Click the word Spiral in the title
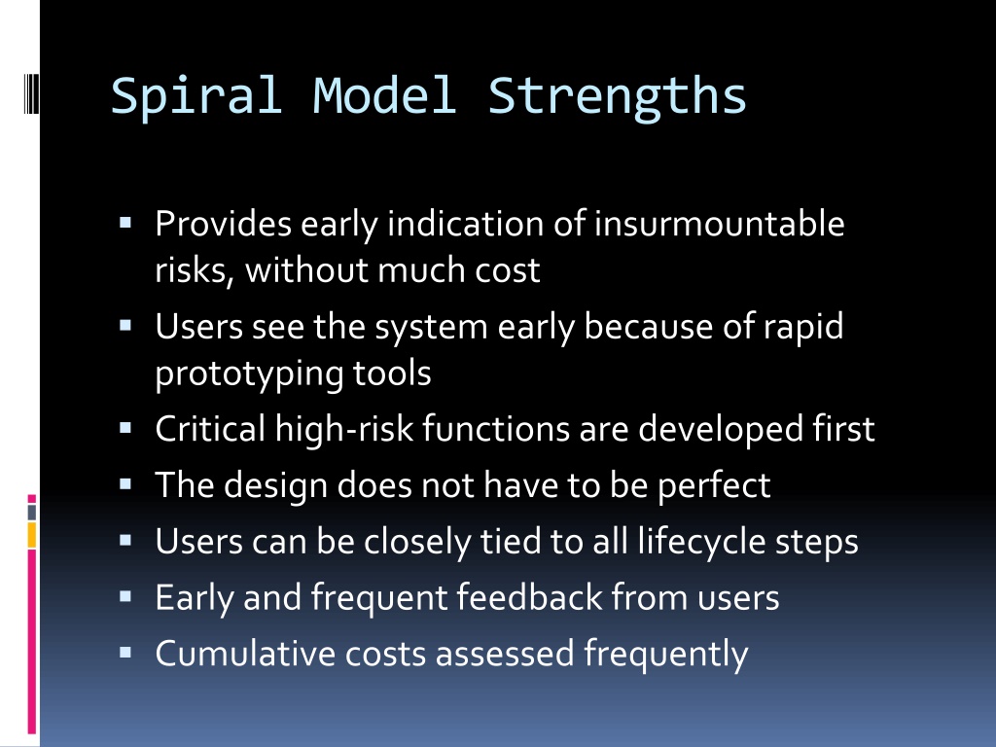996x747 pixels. (196, 96)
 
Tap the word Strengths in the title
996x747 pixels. (617, 96)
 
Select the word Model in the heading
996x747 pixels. (384, 95)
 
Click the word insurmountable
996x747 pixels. (719, 224)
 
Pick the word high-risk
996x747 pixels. (344, 429)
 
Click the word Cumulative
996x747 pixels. (245, 654)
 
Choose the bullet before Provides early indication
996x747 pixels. (125, 223)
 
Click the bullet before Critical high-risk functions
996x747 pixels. (125, 428)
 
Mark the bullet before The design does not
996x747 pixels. (125, 484)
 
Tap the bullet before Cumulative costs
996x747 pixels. (125, 653)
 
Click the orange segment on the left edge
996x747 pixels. (32, 535)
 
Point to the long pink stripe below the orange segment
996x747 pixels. (32, 642)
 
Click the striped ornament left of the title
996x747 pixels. (31, 94)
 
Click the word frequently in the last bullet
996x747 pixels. (665, 655)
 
